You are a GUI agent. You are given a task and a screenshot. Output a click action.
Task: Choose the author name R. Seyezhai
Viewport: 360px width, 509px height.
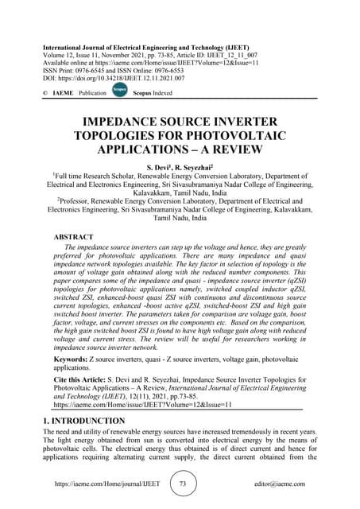click(x=199, y=169)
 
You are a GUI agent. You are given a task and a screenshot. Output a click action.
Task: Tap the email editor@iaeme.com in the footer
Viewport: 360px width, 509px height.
click(x=290, y=484)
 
